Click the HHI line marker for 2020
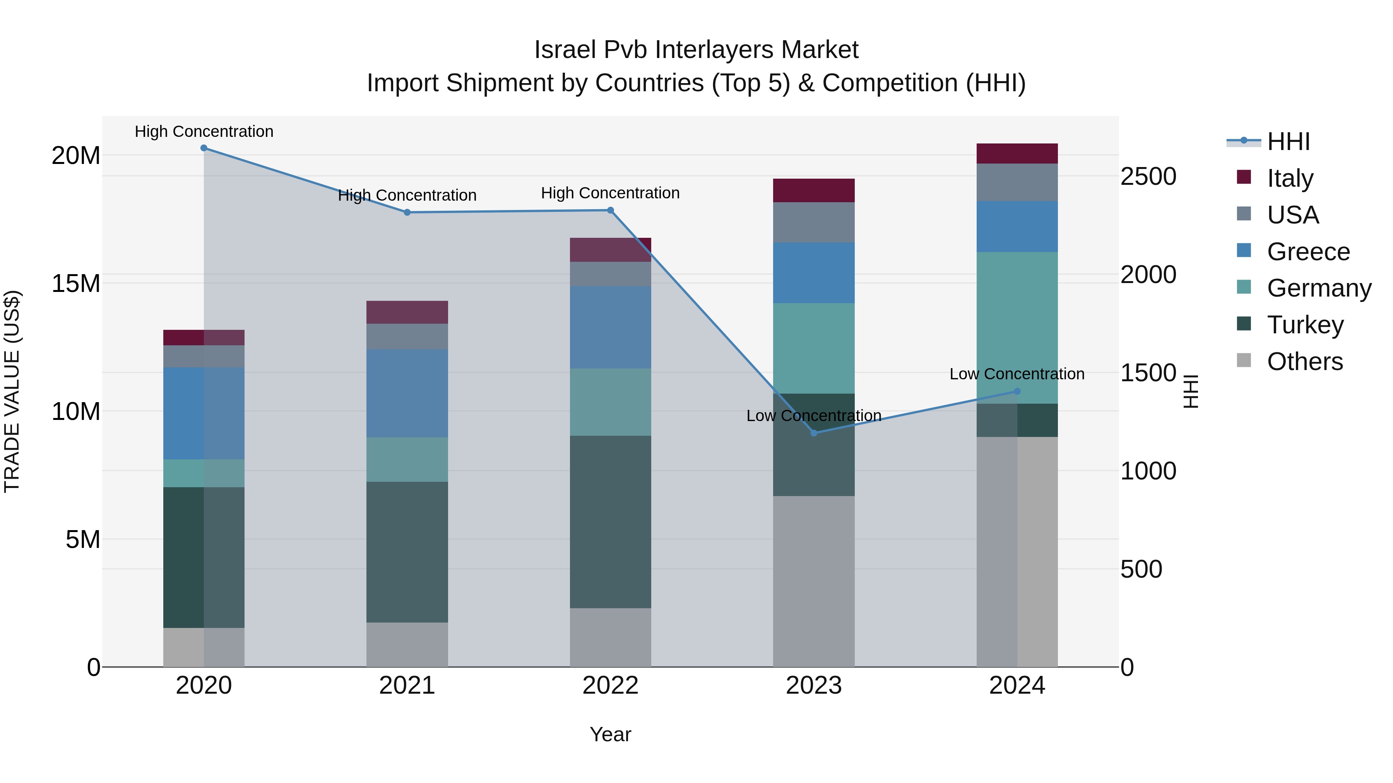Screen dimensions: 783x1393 (x=204, y=148)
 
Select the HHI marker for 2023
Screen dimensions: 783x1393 (x=814, y=433)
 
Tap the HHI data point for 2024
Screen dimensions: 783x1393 (x=1017, y=391)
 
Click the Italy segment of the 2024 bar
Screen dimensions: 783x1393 (x=1017, y=154)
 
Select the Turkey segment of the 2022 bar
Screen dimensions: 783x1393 (x=611, y=522)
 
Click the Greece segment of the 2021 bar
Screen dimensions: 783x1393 (x=407, y=393)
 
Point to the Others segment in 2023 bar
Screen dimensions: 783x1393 (x=814, y=581)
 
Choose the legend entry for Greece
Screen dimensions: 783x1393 (x=1308, y=252)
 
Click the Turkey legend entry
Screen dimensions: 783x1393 (x=1305, y=325)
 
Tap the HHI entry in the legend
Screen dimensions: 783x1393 (x=1288, y=142)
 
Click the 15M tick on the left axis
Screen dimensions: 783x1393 (x=76, y=284)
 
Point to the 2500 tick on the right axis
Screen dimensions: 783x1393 (x=1148, y=177)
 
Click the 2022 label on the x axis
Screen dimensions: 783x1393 (x=611, y=686)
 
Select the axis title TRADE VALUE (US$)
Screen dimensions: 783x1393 (x=12, y=391)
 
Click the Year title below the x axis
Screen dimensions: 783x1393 (x=611, y=734)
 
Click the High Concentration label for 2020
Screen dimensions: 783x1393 (x=204, y=131)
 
